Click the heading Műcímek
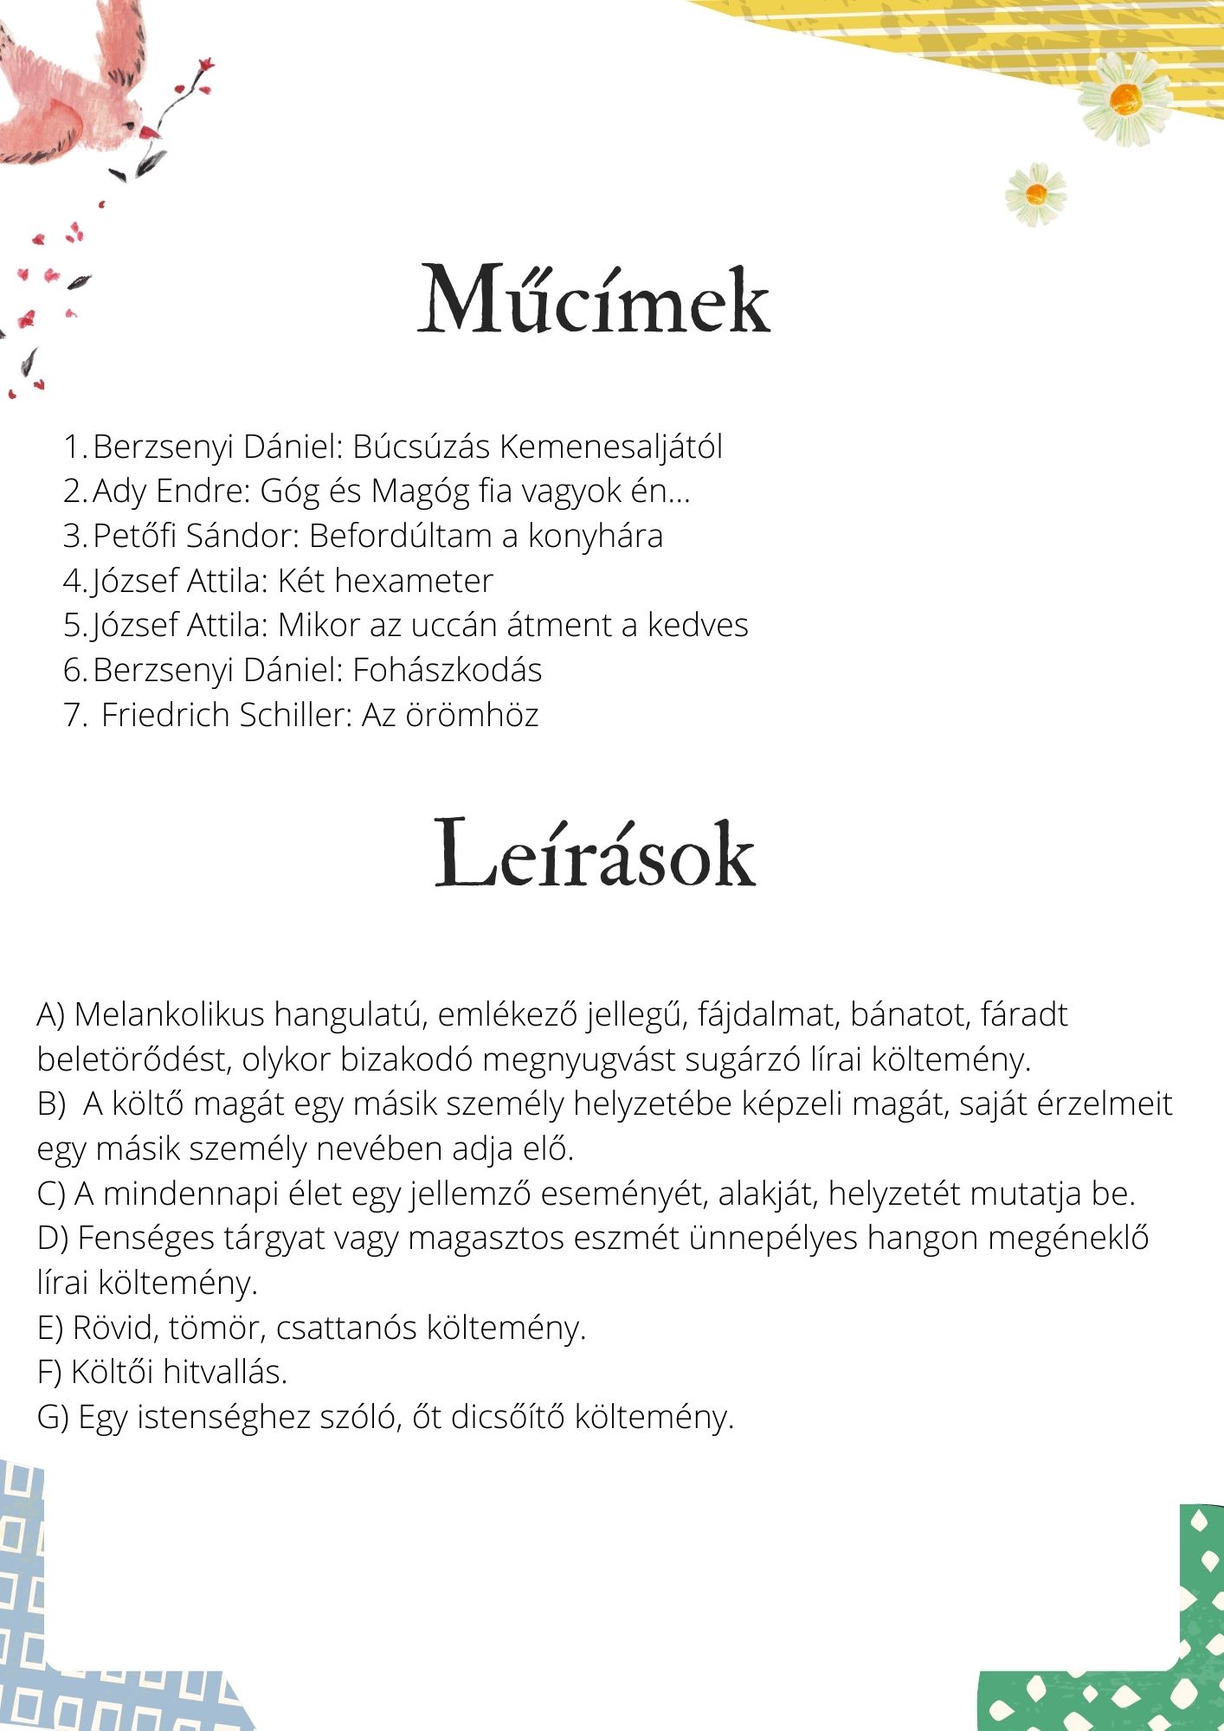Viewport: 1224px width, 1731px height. pos(594,299)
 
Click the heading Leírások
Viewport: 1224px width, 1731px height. pos(595,855)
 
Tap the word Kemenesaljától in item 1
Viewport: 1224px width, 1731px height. pos(611,447)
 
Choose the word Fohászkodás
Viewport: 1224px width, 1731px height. pos(447,670)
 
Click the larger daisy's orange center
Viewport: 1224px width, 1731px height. pos(1125,100)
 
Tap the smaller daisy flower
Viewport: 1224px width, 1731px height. pos(1036,195)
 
